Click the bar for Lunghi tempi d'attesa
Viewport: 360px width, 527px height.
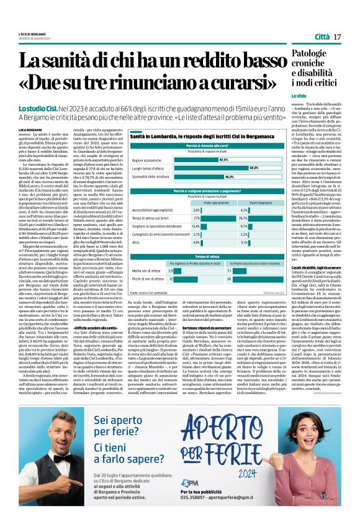(x=217, y=168)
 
